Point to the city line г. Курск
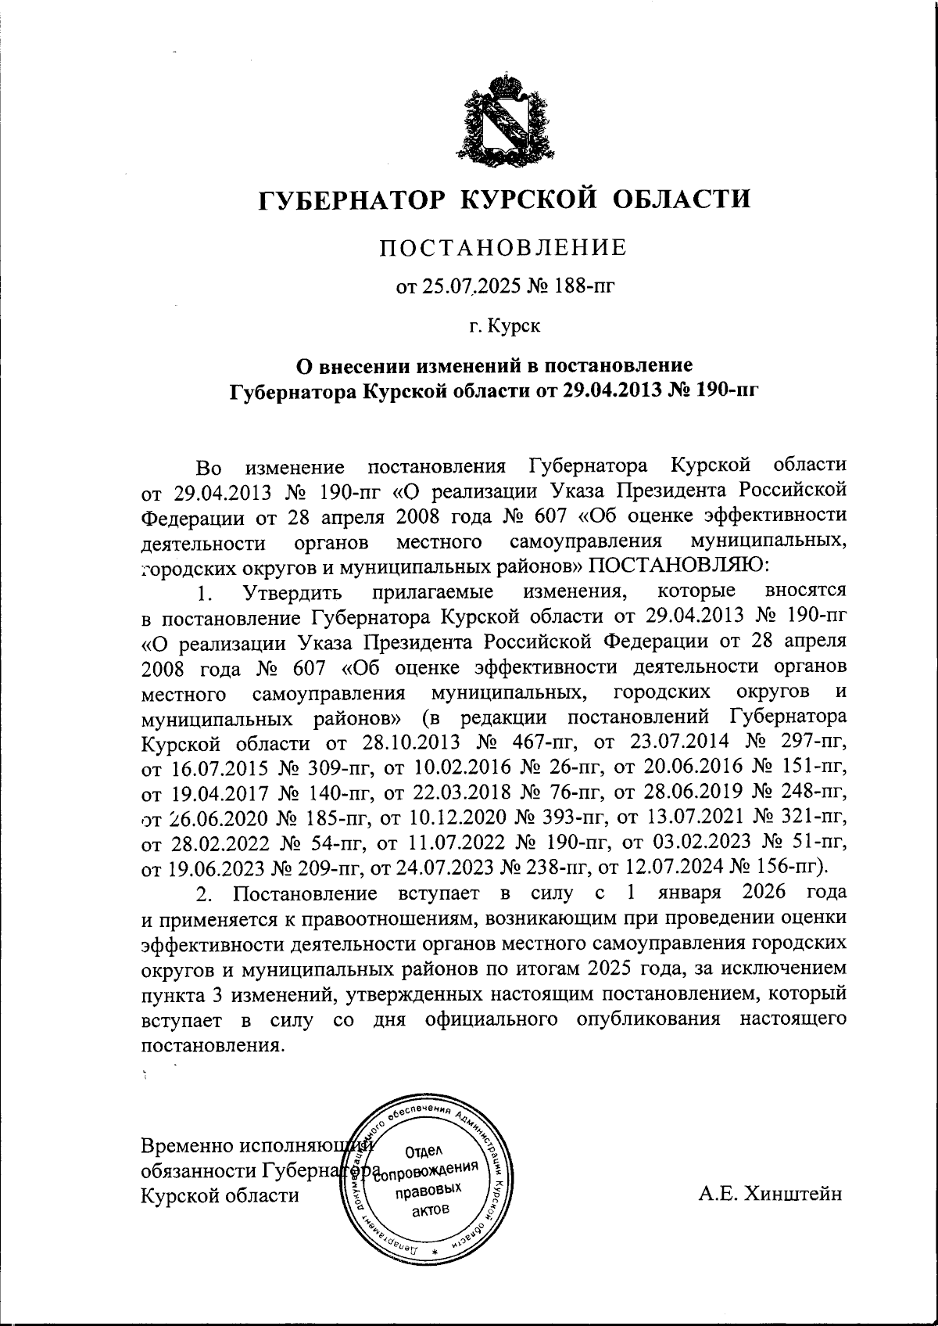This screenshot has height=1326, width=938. (504, 325)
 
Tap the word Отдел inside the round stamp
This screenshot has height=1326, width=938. (424, 1150)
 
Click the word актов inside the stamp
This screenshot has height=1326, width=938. (429, 1211)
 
